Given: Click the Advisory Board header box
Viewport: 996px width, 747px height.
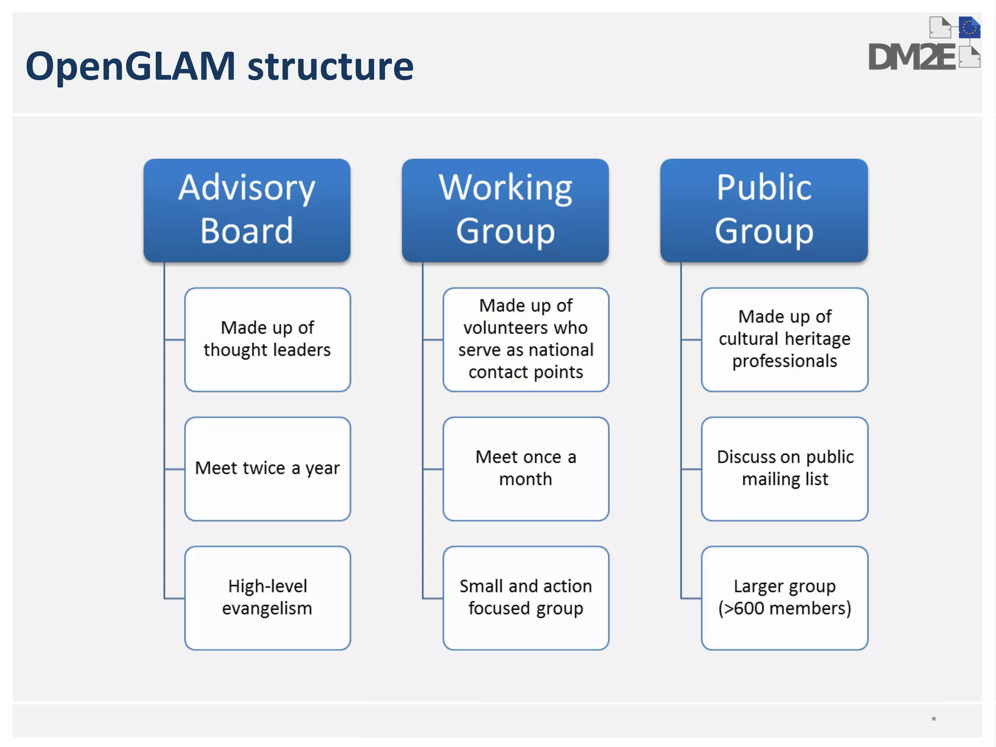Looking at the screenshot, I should pyautogui.click(x=247, y=210).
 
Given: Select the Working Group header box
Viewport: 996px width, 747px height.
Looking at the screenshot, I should pyautogui.click(x=505, y=210).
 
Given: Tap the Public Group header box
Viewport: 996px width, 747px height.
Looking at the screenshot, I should pyautogui.click(x=764, y=210).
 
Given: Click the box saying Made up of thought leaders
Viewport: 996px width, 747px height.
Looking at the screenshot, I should pyautogui.click(x=267, y=339).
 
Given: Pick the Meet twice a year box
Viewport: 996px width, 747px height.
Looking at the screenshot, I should pyautogui.click(x=267, y=468).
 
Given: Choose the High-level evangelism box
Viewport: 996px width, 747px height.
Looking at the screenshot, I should pyautogui.click(x=267, y=598).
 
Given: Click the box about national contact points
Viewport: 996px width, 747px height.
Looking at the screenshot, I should pyautogui.click(x=526, y=339).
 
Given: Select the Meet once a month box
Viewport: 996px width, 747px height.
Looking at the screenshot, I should pyautogui.click(x=526, y=468).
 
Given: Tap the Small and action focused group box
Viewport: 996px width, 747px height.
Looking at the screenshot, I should pyautogui.click(x=526, y=598).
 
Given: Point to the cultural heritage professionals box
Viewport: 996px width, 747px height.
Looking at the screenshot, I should pyautogui.click(x=784, y=339).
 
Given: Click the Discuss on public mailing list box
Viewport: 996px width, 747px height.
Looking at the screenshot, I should pyautogui.click(x=784, y=468).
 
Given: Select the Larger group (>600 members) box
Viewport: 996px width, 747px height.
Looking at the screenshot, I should pyautogui.click(x=784, y=598).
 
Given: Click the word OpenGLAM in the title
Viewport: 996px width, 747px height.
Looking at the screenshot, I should pyautogui.click(x=130, y=67).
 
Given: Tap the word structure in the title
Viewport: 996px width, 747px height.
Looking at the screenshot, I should pyautogui.click(x=331, y=67).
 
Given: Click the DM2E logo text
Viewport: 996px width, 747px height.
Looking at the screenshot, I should pyautogui.click(x=911, y=57).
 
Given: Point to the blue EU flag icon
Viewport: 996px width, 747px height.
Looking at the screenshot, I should pyautogui.click(x=969, y=28).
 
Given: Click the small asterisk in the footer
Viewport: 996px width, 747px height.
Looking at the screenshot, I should pyautogui.click(x=934, y=719).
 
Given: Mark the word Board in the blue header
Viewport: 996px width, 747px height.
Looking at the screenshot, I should pyautogui.click(x=247, y=231).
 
